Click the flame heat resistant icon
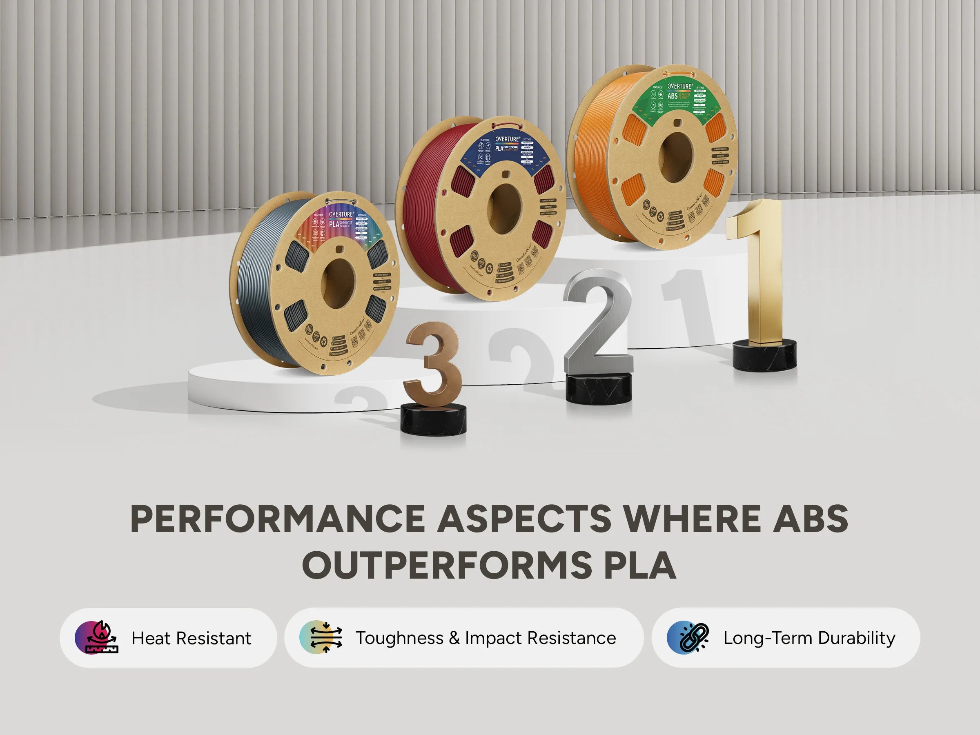tap(97, 637)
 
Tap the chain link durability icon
tap(688, 637)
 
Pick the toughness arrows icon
tap(321, 637)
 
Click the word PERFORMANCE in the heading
tap(277, 519)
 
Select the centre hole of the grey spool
tap(338, 284)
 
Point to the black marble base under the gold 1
tap(764, 354)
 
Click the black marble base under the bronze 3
tap(433, 419)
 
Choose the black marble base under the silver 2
tap(599, 389)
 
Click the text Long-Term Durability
tap(809, 638)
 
